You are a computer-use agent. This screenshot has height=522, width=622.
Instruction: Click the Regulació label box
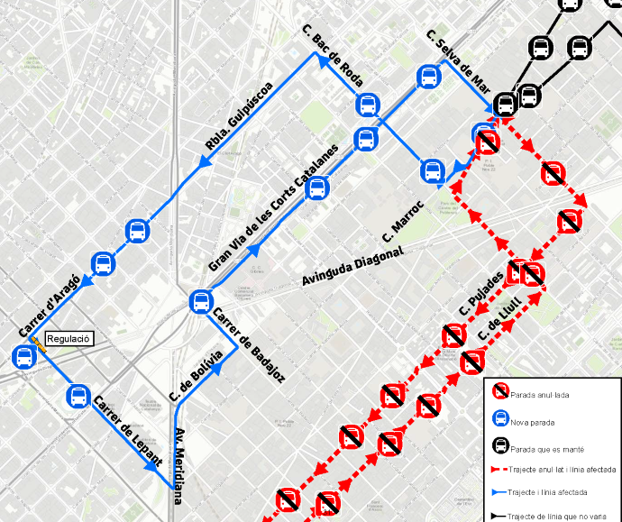click(69, 338)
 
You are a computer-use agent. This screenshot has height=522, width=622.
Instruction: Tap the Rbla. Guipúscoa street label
click(239, 116)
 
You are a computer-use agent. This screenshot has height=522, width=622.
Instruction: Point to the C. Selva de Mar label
click(457, 63)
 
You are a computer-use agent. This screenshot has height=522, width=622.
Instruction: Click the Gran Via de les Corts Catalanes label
click(272, 208)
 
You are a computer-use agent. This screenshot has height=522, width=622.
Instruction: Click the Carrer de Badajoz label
click(248, 345)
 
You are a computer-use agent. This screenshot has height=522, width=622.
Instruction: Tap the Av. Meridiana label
click(184, 463)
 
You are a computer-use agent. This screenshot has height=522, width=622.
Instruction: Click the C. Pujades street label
click(480, 296)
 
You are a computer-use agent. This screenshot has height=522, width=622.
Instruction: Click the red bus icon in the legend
click(498, 393)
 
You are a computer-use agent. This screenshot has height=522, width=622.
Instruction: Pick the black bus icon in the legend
click(498, 445)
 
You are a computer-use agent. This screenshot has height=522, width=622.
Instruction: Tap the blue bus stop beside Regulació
click(24, 357)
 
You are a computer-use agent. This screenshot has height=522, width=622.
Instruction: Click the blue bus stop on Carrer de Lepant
click(78, 396)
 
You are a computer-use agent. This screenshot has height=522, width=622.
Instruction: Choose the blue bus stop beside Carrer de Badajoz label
click(201, 302)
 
